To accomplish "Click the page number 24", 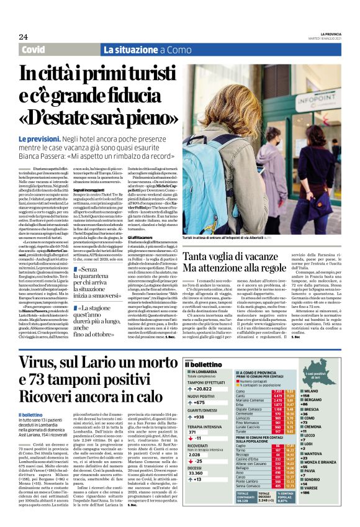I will tap(24, 37).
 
